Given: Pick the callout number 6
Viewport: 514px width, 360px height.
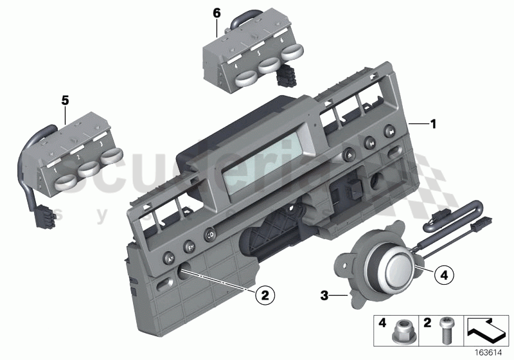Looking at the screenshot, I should (216, 12).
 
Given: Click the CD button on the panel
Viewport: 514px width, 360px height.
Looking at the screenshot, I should (211, 236).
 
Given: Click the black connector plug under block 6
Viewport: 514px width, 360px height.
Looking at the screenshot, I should (284, 78).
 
